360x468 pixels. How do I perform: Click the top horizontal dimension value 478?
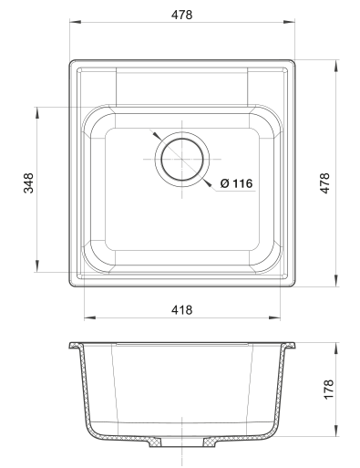tap(181, 15)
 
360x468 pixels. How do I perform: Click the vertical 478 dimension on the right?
tap(324, 183)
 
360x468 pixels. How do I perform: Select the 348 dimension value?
tap(29, 183)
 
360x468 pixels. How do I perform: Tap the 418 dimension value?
tap(181, 310)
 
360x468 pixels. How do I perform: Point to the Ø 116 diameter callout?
tap(236, 183)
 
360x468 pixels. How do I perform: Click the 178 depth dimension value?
tap(329, 390)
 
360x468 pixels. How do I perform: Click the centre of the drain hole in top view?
tap(182, 159)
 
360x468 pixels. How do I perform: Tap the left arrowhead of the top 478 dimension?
tap(76, 22)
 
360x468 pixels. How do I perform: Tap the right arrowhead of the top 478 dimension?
tap(289, 22)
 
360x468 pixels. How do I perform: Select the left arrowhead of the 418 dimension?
tap(90, 318)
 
